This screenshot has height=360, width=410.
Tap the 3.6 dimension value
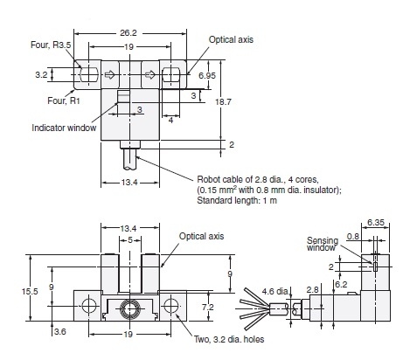click(x=60, y=332)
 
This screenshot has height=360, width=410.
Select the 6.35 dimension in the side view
click(x=376, y=223)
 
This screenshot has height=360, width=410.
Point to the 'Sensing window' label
click(x=322, y=245)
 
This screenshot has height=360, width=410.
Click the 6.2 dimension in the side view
click(x=342, y=284)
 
